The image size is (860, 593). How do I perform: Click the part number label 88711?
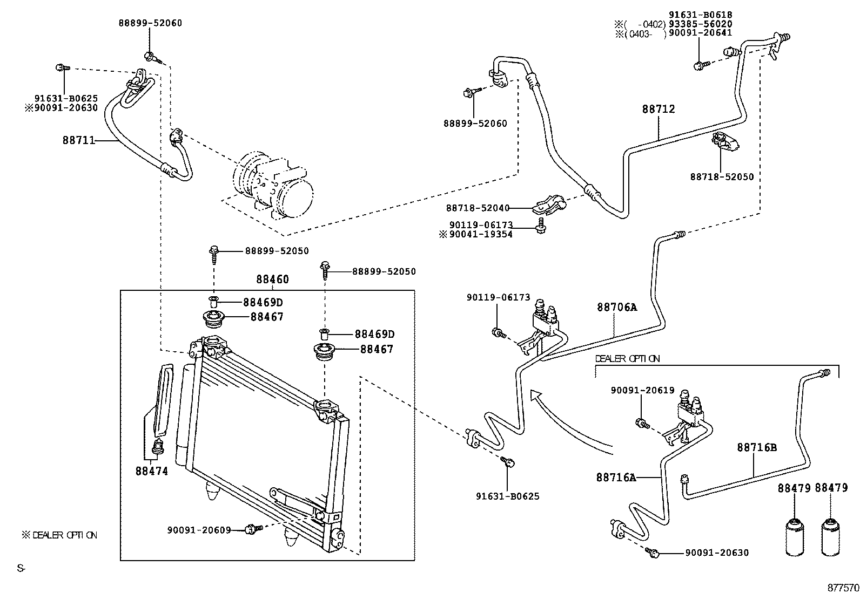click(x=78, y=141)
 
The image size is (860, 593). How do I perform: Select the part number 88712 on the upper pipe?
click(x=659, y=109)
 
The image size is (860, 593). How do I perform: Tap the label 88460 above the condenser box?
click(x=272, y=280)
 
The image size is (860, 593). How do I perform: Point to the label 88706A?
click(x=617, y=308)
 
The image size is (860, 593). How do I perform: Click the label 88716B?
click(x=757, y=447)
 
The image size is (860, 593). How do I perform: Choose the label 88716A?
click(x=616, y=477)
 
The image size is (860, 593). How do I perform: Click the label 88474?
click(x=151, y=471)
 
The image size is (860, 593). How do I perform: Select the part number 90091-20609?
click(x=199, y=530)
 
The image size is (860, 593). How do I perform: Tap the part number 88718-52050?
click(x=721, y=177)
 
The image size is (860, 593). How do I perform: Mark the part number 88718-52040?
click(x=478, y=208)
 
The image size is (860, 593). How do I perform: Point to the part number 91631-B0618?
click(x=700, y=15)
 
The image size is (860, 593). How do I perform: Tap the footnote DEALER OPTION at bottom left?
click(x=59, y=535)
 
